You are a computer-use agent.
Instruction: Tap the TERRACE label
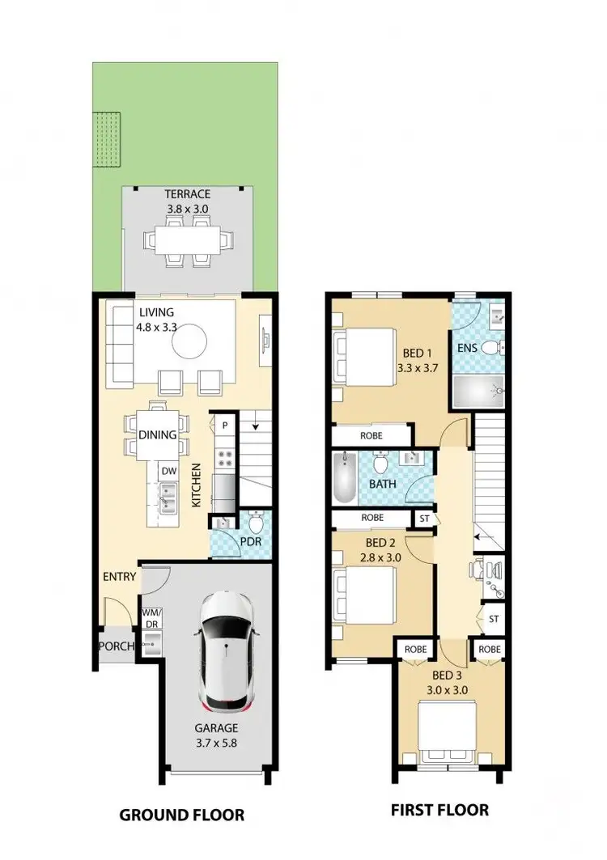click(187, 194)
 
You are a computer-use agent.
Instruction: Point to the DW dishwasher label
click(168, 472)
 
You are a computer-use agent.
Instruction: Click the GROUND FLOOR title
click(181, 814)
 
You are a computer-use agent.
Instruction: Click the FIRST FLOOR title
click(439, 809)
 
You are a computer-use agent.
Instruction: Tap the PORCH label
click(116, 646)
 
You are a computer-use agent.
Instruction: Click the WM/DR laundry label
click(151, 618)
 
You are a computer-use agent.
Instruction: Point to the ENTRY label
click(119, 577)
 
